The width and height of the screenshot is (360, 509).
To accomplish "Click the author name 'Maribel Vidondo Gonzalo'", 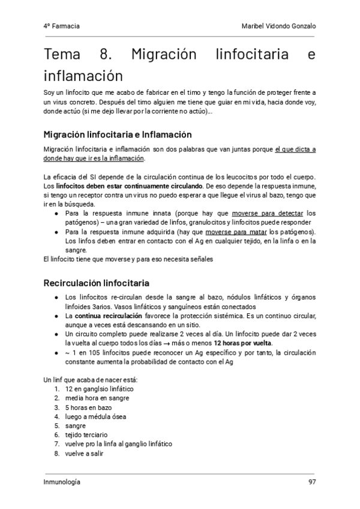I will pyautogui.click(x=277, y=26).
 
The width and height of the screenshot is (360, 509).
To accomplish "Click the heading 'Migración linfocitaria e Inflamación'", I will pyautogui.click(x=118, y=134).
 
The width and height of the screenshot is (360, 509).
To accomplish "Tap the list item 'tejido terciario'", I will pyautogui.click(x=86, y=435).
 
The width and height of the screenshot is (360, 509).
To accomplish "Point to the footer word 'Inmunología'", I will pyautogui.click(x=62, y=482).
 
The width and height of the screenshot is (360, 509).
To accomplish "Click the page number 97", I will pyautogui.click(x=312, y=482).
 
